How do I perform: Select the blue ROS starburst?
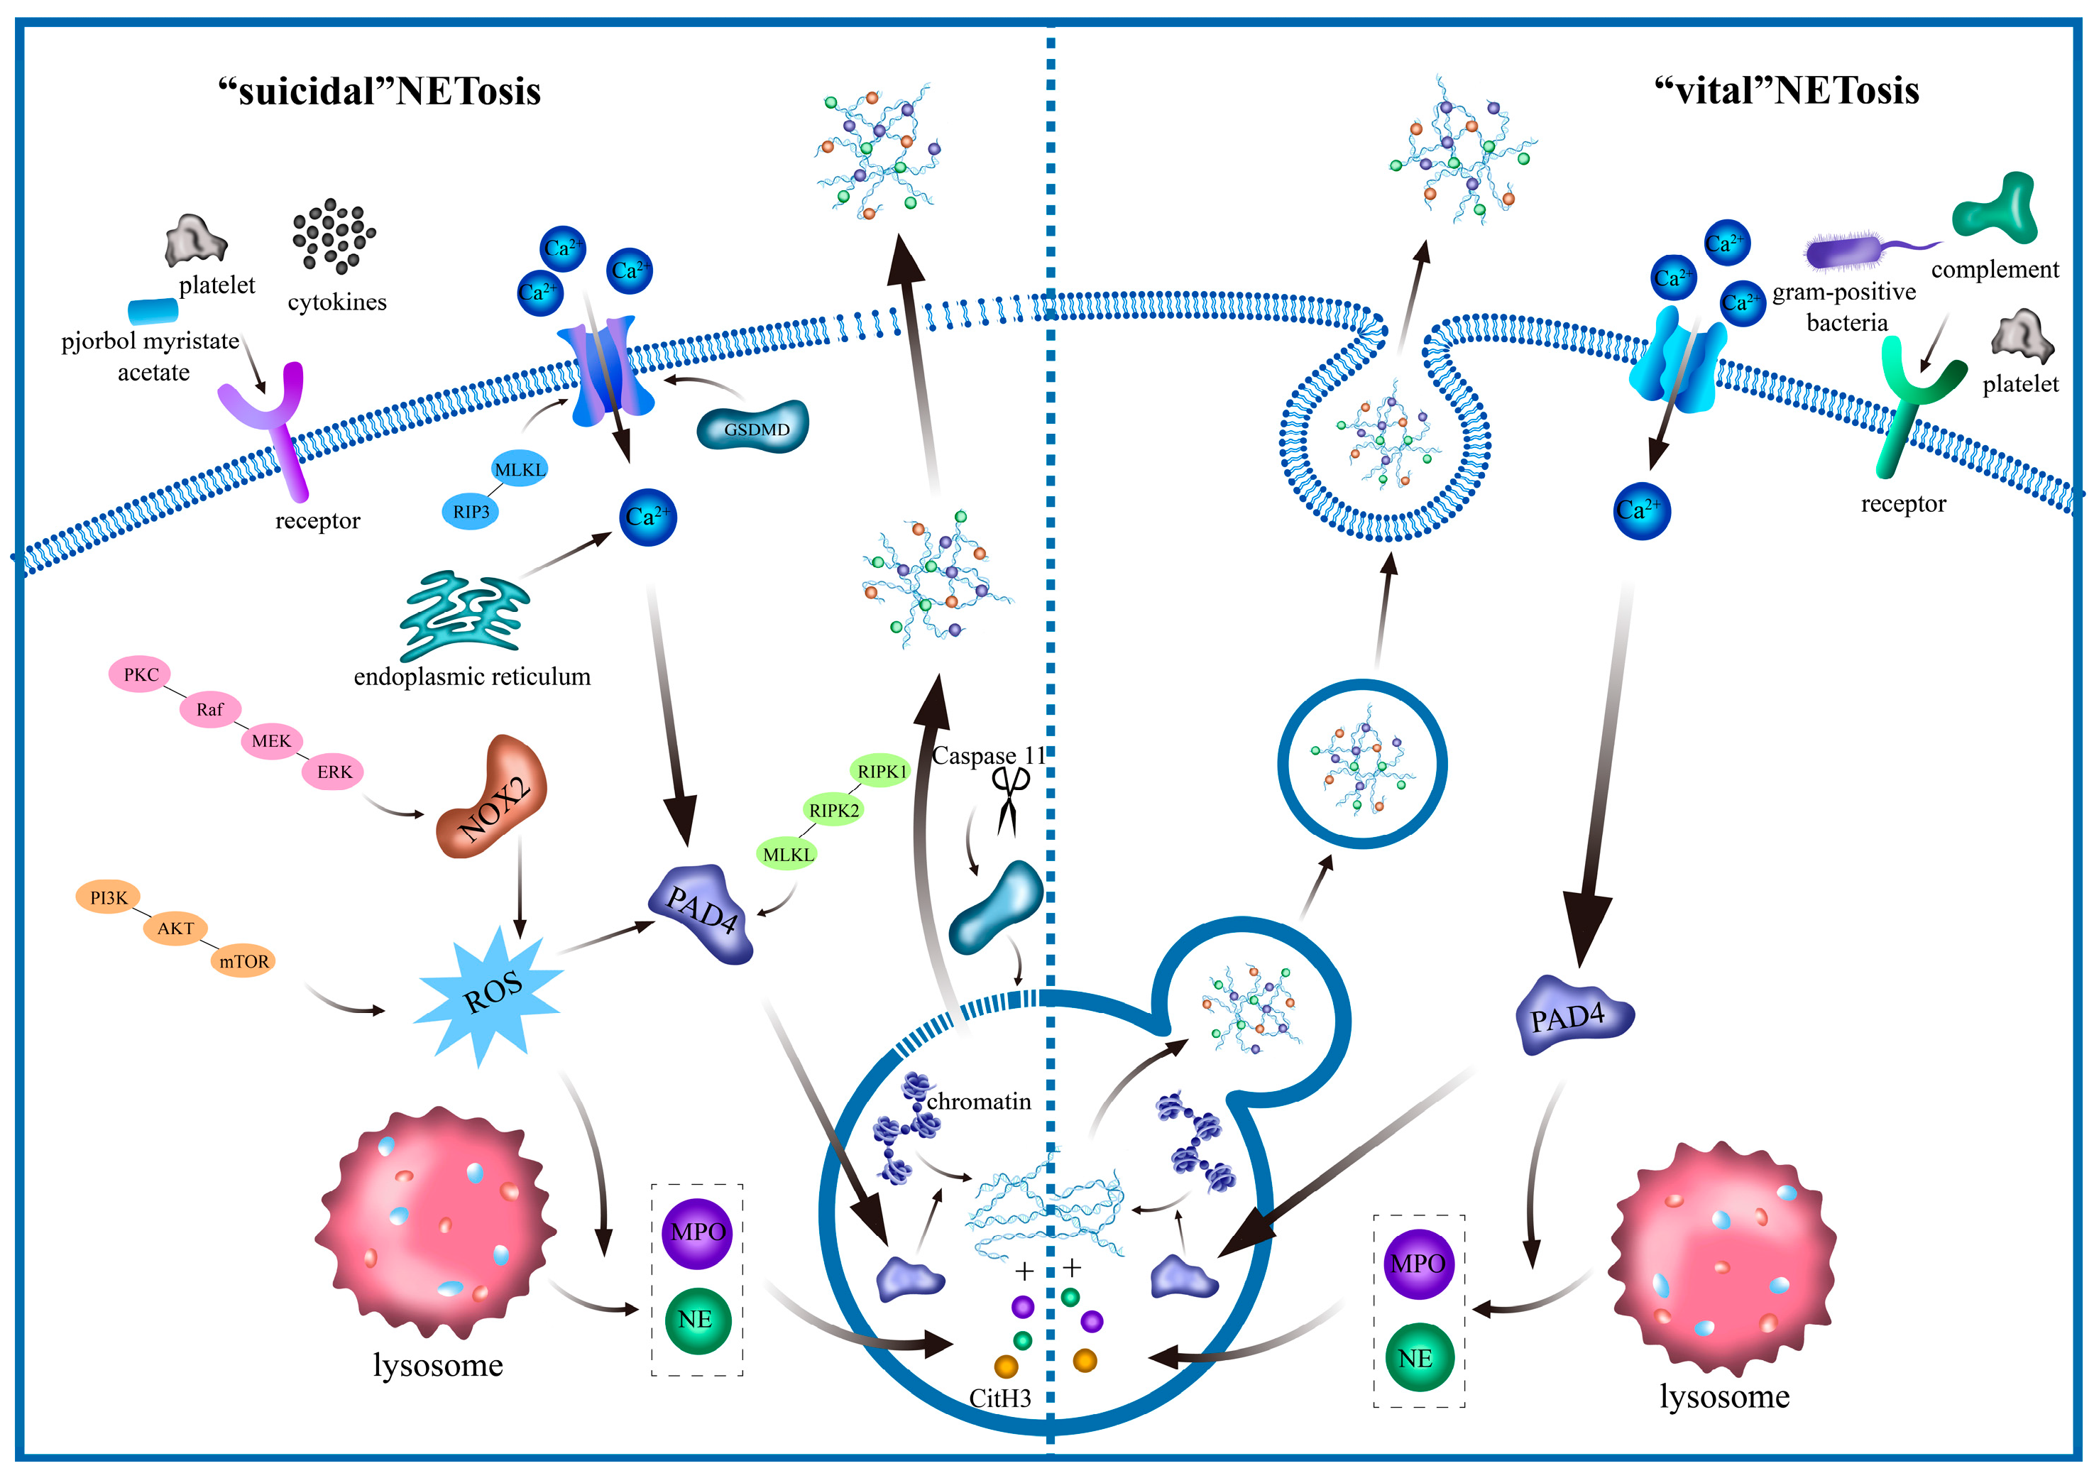tap(490, 995)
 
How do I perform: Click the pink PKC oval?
tap(140, 674)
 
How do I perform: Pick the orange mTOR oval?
tap(243, 960)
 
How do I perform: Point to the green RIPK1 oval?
tap(881, 771)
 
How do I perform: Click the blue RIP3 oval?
tap(471, 512)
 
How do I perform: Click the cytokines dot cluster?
tap(334, 236)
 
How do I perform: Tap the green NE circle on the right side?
tap(1416, 1357)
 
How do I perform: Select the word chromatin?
tap(979, 1102)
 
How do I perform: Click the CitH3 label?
tap(999, 1398)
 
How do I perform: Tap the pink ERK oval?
tap(334, 772)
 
